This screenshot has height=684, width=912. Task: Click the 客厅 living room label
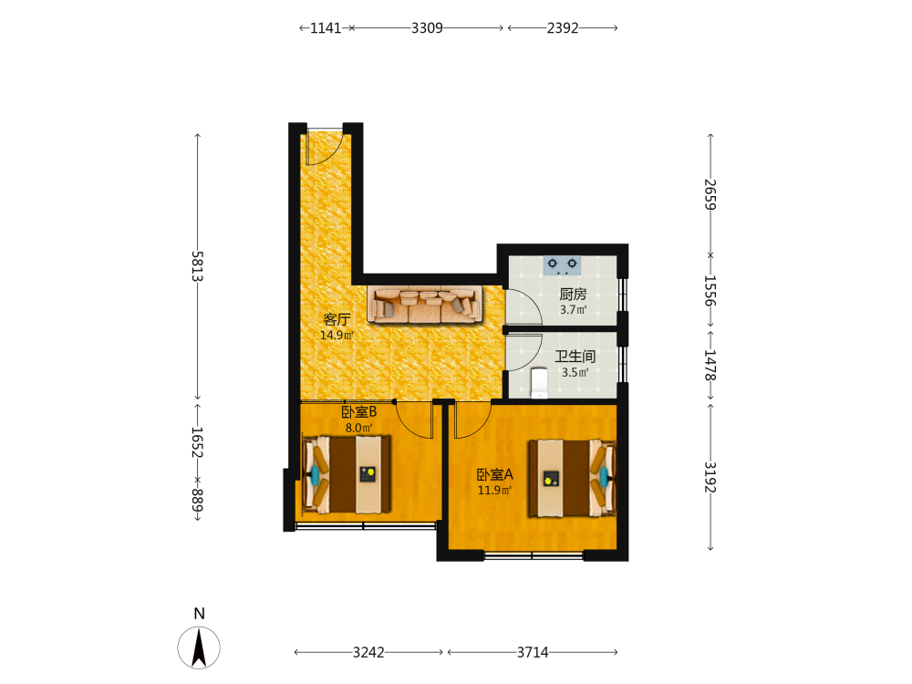pos(337,319)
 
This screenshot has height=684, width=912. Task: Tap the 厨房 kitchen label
pos(573,295)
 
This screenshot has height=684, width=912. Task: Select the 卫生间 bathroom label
pos(575,356)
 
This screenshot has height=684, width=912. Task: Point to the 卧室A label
pos(495,474)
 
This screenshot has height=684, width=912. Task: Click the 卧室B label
pos(358,412)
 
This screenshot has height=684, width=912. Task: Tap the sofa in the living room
pos(425,304)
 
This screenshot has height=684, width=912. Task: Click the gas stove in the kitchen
pos(562,265)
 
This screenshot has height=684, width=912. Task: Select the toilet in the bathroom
pos(539,382)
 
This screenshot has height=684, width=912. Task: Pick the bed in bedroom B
pos(346,474)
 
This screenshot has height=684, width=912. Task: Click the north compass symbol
pos(199,648)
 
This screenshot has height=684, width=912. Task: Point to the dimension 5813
pos(197,266)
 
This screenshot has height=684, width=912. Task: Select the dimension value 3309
pos(427,28)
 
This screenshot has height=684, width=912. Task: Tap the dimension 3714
pos(533,653)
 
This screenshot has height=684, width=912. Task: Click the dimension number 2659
pos(710,194)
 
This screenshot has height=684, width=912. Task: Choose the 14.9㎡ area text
pos(337,335)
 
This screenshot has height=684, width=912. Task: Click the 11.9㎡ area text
pos(495,491)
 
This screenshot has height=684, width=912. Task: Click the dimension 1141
pos(326,28)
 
